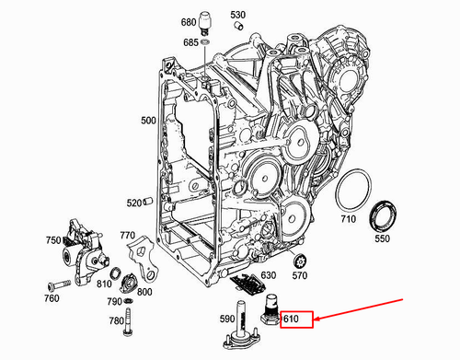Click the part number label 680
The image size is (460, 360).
pyautogui.click(x=188, y=21)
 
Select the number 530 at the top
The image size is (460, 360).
pyautogui.click(x=238, y=16)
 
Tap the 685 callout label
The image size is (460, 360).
pyautogui.click(x=190, y=42)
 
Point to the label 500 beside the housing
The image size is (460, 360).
pyautogui.click(x=148, y=121)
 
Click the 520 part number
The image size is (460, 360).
pyautogui.click(x=134, y=203)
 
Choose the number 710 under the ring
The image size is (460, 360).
pyautogui.click(x=349, y=220)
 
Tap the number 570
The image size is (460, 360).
pyautogui.click(x=300, y=274)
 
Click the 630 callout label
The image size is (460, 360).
pyautogui.click(x=269, y=274)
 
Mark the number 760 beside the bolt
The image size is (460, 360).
pyautogui.click(x=52, y=297)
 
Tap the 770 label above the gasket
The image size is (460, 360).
pyautogui.click(x=127, y=236)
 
